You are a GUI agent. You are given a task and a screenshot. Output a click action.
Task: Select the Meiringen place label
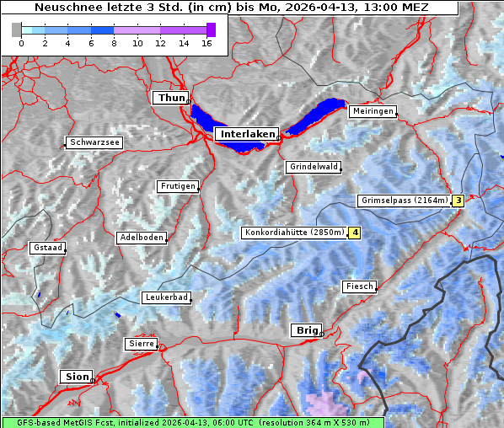click(372, 111)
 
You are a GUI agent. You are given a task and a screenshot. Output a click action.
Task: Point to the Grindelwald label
click(314, 167)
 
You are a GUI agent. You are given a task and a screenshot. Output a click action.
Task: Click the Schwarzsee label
click(94, 142)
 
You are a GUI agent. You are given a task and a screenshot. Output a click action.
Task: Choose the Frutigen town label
click(177, 186)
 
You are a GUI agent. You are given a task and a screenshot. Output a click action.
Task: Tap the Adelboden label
click(141, 238)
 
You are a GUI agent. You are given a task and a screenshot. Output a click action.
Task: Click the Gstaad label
click(47, 248)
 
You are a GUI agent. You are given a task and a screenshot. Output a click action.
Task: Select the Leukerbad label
click(165, 297)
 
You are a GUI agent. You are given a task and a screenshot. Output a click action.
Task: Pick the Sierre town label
click(141, 344)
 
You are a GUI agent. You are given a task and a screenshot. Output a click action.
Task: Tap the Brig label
click(305, 330)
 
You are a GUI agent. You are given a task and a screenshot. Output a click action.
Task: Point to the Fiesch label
click(358, 286)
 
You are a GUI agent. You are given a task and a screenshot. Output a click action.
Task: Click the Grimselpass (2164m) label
click(403, 201)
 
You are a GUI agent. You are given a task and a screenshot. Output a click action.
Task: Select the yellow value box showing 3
click(458, 201)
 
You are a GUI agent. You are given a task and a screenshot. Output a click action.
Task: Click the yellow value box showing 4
click(355, 233)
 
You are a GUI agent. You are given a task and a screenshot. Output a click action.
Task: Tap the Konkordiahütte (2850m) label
click(294, 233)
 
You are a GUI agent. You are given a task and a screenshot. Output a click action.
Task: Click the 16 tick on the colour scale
click(206, 44)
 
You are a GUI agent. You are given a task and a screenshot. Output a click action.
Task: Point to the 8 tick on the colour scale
click(114, 44)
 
